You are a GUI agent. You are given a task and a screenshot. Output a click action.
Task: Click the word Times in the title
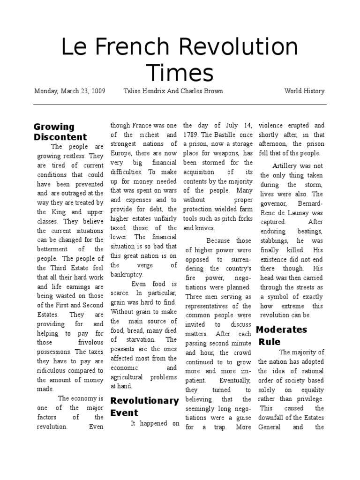[180, 73]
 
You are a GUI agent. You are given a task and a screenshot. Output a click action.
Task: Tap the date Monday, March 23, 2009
[69, 91]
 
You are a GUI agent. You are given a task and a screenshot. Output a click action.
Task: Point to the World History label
[304, 91]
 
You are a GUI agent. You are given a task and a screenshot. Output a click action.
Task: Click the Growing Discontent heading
[60, 132]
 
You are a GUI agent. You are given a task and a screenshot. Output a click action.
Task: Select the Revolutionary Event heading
[144, 406]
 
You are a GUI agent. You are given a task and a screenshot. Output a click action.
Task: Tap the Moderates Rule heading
[282, 335]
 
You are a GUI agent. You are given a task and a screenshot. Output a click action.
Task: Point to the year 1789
[191, 135]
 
